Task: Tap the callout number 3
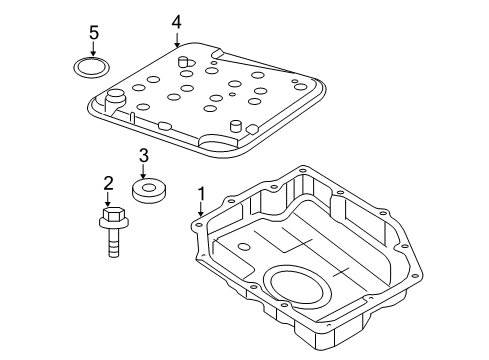point(143,155)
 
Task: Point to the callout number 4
point(176,20)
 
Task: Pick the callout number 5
point(94,34)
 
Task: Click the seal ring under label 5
point(93,68)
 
